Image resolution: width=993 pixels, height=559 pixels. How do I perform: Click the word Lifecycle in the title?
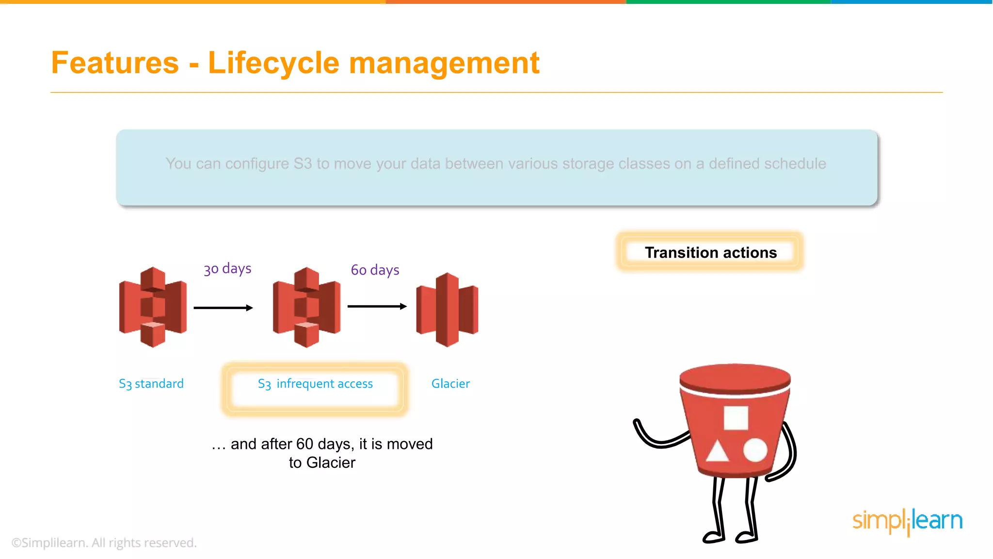click(273, 63)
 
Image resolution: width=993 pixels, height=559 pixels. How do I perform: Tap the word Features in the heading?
click(115, 63)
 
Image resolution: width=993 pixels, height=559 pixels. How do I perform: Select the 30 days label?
click(227, 269)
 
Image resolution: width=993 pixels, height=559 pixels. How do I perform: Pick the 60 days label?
click(375, 270)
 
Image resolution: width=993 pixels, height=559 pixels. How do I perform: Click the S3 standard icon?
click(153, 307)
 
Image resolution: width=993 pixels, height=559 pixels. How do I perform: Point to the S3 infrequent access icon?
click(306, 307)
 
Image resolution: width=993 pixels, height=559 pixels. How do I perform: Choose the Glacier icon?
click(447, 310)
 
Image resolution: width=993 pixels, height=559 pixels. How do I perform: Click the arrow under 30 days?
click(223, 308)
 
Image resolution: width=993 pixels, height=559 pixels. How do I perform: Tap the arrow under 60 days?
click(377, 306)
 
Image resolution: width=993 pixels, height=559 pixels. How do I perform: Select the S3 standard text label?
click(151, 384)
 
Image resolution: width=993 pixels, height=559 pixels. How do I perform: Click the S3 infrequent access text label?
click(315, 384)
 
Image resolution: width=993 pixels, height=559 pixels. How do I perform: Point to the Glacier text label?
click(450, 384)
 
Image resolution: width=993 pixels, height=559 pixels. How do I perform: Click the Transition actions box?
click(710, 252)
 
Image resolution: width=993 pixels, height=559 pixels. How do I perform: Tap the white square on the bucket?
click(736, 418)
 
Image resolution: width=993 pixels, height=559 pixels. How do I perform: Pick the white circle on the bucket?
click(755, 450)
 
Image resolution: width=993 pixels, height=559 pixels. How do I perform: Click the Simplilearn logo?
click(907, 521)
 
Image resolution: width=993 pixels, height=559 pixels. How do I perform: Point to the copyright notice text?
click(104, 543)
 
